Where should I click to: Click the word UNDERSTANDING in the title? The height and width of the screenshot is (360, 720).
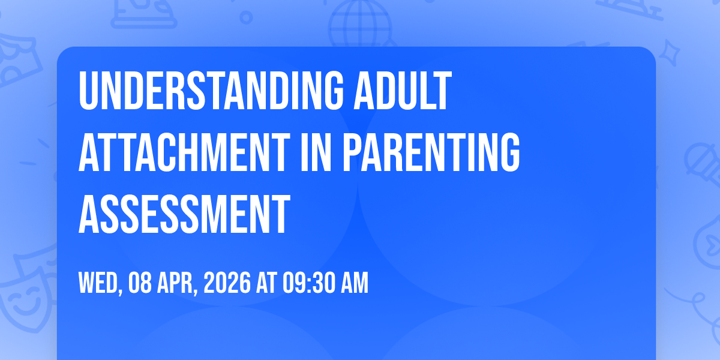[x=211, y=91]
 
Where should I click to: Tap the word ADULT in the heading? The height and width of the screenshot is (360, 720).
[x=403, y=91]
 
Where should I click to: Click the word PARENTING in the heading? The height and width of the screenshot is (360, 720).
[x=431, y=152]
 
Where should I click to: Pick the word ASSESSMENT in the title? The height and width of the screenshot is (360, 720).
[x=185, y=214]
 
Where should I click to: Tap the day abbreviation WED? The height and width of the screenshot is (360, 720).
[x=100, y=283]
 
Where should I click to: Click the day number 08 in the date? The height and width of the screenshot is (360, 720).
[x=140, y=283]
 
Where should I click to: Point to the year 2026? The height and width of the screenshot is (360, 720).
[x=227, y=283]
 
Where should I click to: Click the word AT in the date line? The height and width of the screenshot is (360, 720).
[x=266, y=283]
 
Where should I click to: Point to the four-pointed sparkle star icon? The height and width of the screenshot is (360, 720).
[x=669, y=53]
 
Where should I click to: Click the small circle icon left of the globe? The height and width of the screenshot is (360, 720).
[x=246, y=17]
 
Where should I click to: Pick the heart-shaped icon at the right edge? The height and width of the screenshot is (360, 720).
[x=709, y=242]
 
